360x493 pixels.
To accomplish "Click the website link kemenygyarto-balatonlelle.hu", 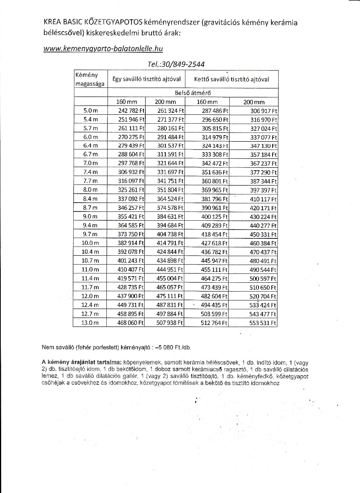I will click(x=103, y=49).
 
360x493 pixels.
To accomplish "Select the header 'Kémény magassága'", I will click(x=90, y=79).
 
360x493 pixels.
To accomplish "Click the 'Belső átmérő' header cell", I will click(x=193, y=93).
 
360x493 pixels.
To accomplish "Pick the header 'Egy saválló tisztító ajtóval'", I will click(x=146, y=79).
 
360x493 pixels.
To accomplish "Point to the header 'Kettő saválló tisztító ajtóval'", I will click(x=232, y=79).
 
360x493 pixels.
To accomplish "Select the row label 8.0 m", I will click(x=90, y=190).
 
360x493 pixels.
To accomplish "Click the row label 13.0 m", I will click(x=90, y=323).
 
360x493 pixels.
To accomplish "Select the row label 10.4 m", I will click(x=90, y=252).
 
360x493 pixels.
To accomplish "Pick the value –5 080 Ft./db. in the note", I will click(x=173, y=347).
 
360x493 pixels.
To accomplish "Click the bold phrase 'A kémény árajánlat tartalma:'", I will click(x=82, y=363).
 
